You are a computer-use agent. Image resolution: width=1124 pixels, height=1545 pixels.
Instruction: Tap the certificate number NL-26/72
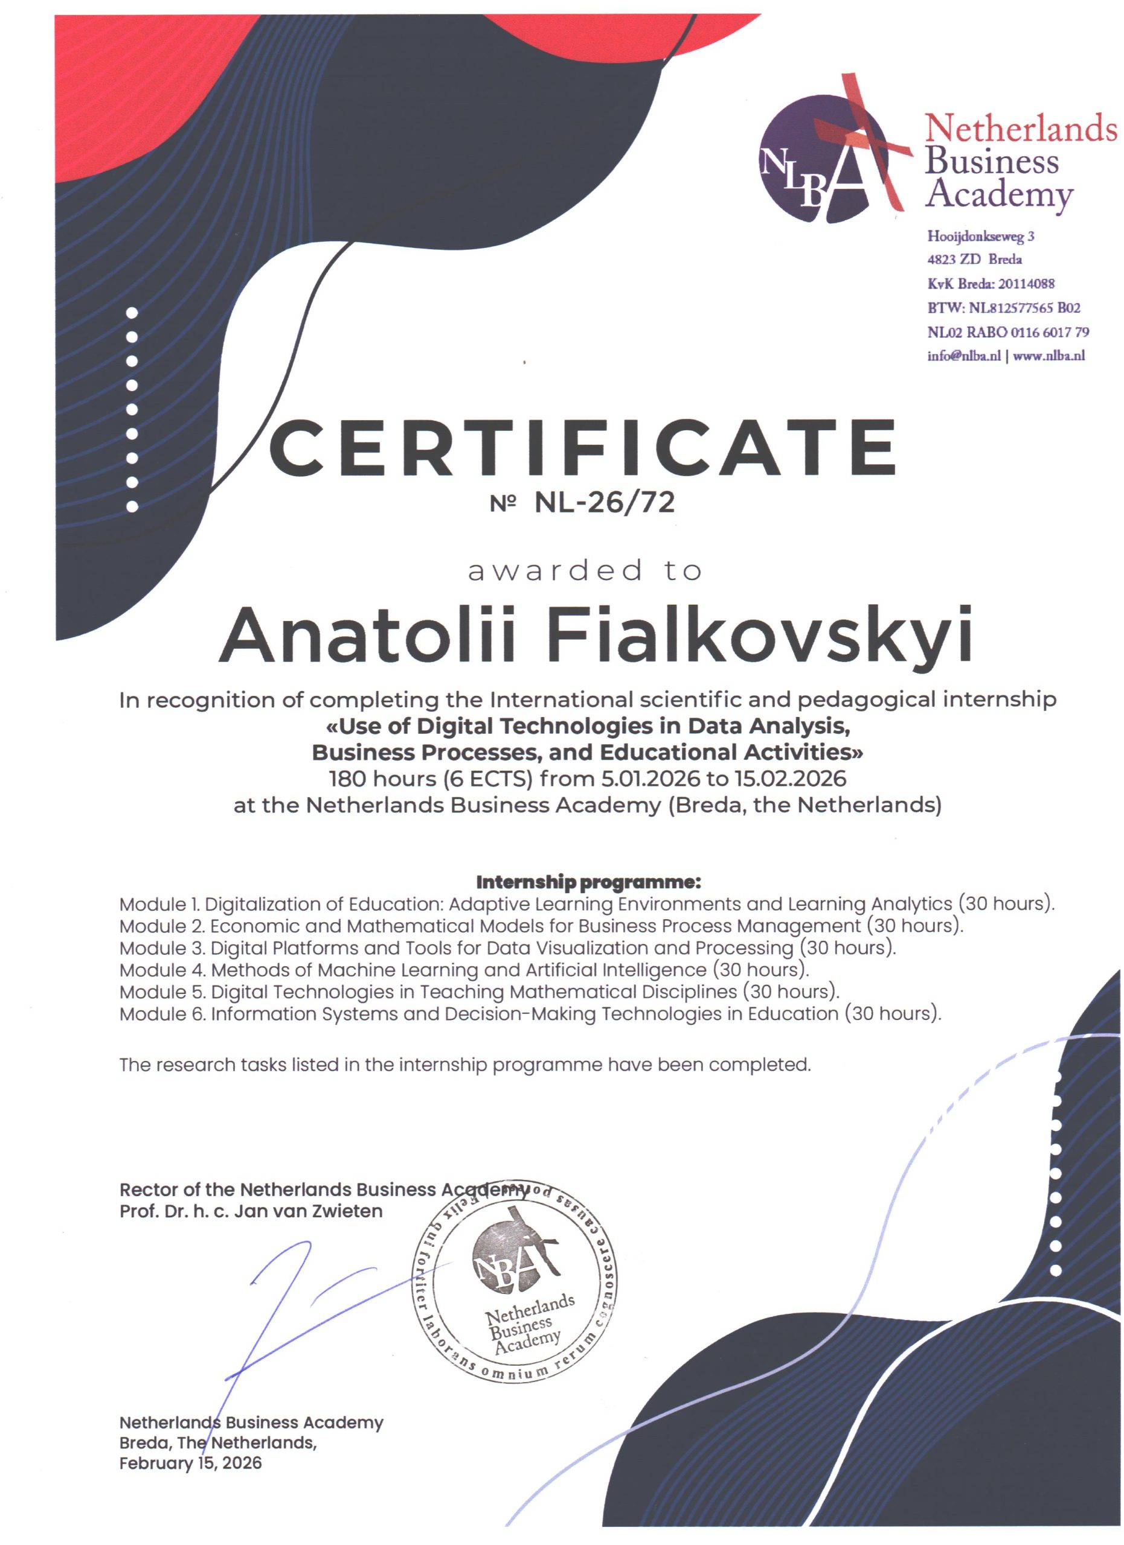click(x=604, y=503)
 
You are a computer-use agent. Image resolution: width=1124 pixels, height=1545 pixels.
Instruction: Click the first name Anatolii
click(x=367, y=634)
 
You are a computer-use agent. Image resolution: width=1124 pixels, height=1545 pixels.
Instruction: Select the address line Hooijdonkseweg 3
click(x=980, y=237)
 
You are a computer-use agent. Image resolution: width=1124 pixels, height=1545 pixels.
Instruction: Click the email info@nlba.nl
click(x=963, y=355)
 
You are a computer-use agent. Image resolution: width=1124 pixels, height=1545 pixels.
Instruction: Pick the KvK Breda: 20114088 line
click(x=991, y=284)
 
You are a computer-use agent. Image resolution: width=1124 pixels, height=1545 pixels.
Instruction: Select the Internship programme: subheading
click(x=588, y=882)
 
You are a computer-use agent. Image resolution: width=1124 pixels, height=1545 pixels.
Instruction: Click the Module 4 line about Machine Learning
click(x=463, y=969)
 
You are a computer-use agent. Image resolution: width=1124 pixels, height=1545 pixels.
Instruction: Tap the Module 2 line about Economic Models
click(x=541, y=926)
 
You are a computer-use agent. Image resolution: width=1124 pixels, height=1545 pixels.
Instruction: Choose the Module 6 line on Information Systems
click(x=530, y=1014)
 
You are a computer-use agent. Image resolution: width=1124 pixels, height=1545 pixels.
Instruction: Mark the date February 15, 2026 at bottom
click(x=190, y=1462)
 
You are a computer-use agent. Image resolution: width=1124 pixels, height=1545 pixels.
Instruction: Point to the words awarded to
click(x=584, y=571)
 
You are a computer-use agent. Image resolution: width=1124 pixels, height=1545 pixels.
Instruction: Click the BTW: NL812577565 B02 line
click(x=1003, y=308)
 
